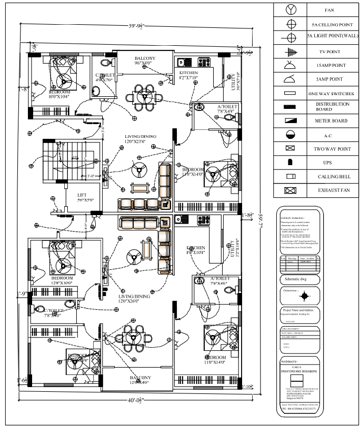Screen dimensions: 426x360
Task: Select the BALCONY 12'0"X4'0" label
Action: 140,380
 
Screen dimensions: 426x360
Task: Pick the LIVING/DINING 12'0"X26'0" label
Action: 135,299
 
